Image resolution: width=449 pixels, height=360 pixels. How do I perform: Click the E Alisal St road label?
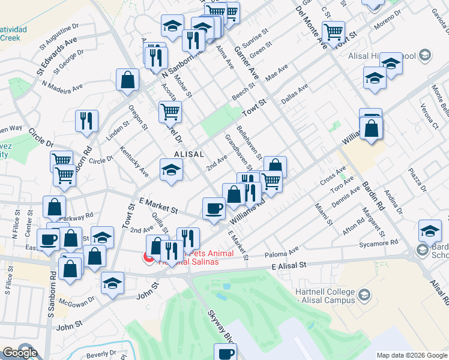289,265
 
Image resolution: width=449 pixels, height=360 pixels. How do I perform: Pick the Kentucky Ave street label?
134,161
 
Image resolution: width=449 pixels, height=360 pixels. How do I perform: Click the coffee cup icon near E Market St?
214,209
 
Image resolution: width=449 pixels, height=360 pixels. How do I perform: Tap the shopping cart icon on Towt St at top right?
333,31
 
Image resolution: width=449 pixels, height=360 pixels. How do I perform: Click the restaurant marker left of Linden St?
86,121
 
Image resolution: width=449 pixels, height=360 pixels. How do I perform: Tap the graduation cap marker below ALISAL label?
171,170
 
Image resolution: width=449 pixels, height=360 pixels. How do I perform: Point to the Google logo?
20,352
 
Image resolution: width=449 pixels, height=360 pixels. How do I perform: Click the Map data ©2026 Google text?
411,355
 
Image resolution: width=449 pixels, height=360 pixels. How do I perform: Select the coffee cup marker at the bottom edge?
225,353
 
